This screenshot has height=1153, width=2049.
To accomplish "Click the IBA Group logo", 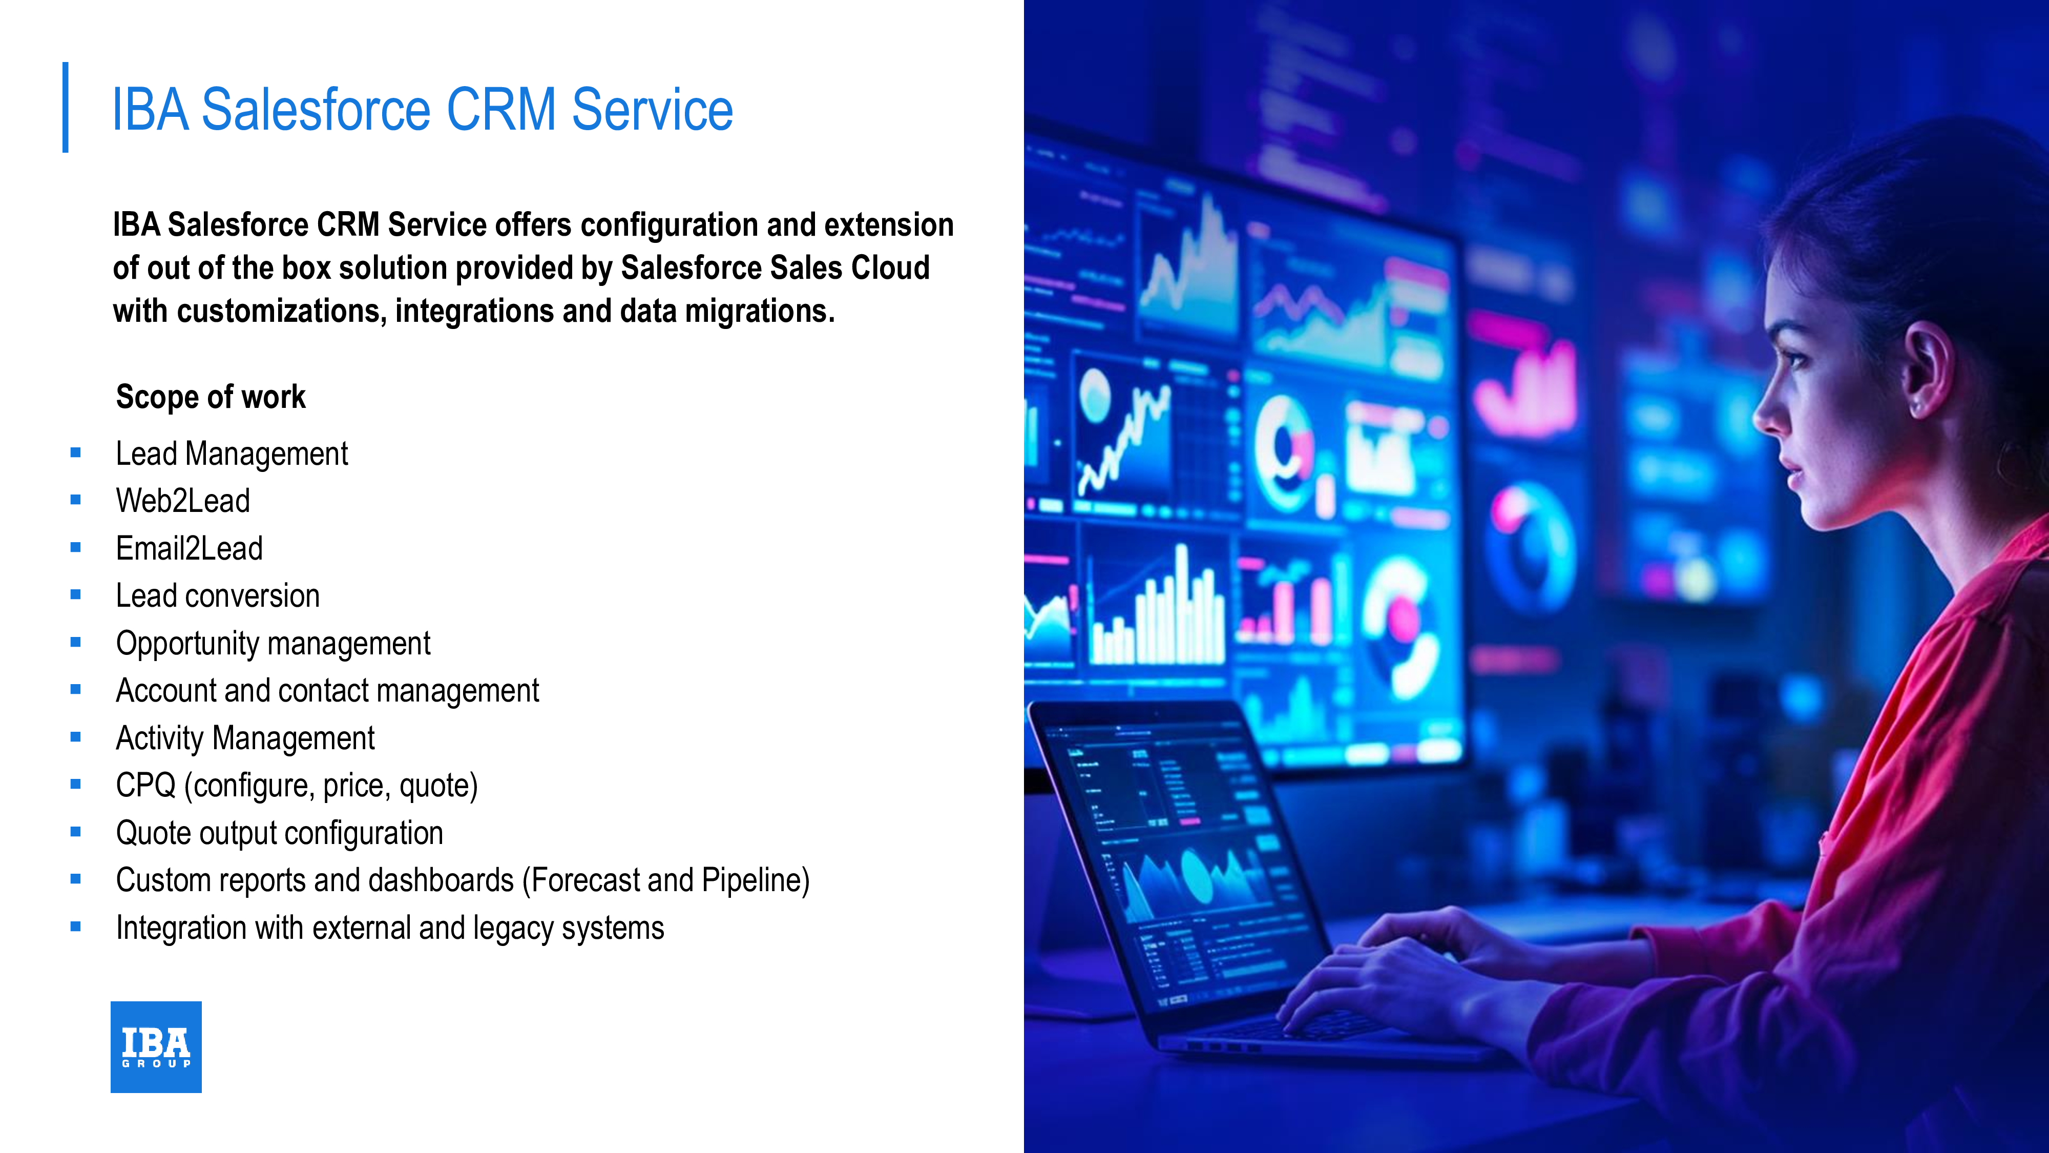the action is click(x=156, y=1046).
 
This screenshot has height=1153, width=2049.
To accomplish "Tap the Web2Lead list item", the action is click(x=183, y=501).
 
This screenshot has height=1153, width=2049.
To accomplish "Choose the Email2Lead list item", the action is click(x=190, y=548).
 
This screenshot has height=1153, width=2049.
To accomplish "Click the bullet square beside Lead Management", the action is click(x=76, y=453).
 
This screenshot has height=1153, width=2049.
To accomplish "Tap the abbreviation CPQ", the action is click(x=145, y=786).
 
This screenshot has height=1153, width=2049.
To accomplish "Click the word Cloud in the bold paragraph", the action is click(x=890, y=268).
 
